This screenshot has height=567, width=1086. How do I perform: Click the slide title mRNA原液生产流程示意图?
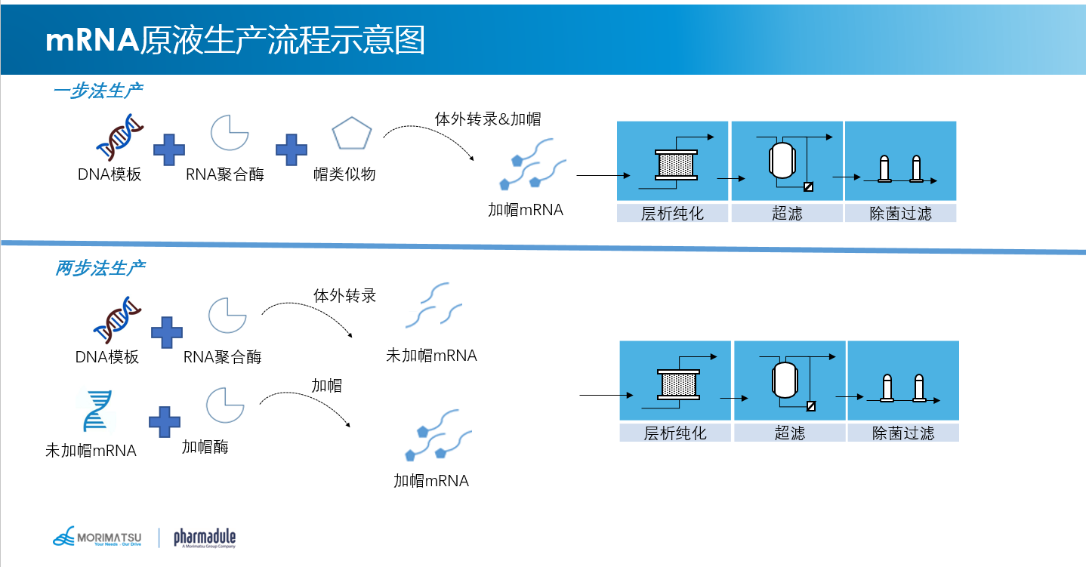(x=235, y=39)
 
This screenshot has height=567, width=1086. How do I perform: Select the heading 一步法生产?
(x=98, y=91)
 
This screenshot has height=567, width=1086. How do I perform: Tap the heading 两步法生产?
(x=100, y=268)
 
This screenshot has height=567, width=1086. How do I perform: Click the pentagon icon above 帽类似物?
(x=352, y=134)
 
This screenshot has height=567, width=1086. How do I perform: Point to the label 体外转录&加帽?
(x=487, y=119)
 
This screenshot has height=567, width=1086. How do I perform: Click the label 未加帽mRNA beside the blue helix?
(x=91, y=451)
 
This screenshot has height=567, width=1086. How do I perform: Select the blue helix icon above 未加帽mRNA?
(x=97, y=411)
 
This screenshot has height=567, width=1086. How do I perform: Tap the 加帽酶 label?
(x=205, y=447)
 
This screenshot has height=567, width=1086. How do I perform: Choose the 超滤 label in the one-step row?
(x=787, y=214)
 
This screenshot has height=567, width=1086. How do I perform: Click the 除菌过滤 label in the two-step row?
(x=903, y=433)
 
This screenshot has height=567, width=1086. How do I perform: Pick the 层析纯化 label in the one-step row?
(x=672, y=214)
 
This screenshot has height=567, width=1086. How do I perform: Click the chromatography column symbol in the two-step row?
(x=678, y=385)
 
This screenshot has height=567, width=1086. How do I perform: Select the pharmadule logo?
(x=205, y=538)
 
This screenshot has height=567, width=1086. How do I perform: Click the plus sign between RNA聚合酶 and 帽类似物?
(x=291, y=149)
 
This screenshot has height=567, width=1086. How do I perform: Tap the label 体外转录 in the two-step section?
(x=344, y=295)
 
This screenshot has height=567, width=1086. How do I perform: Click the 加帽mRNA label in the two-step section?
(x=431, y=481)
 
